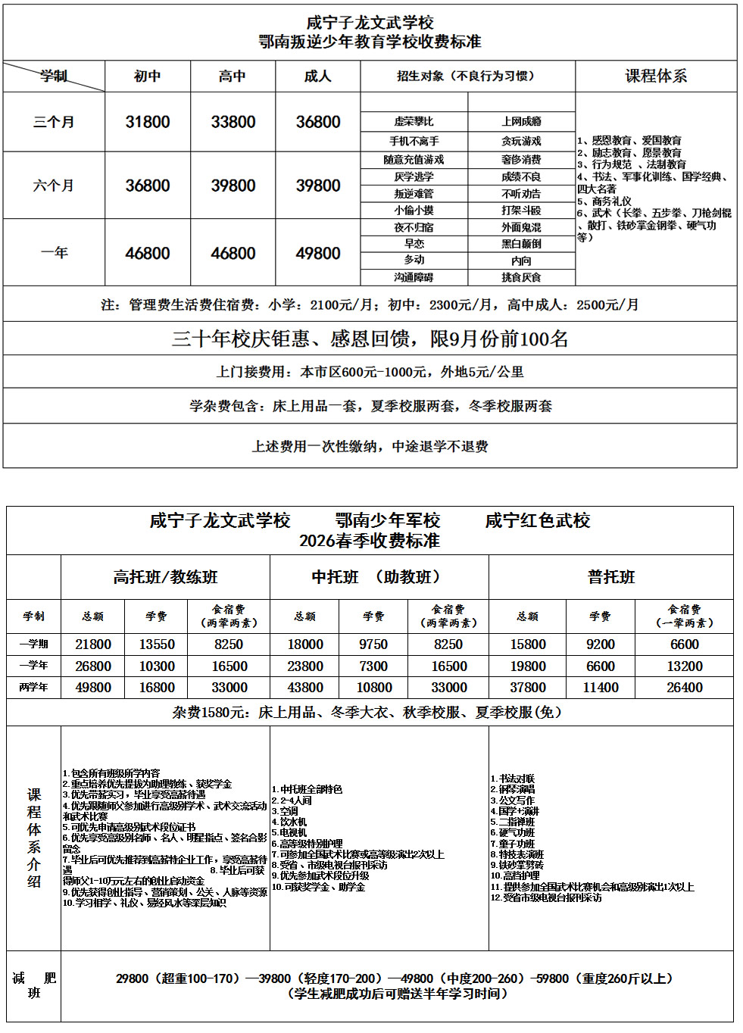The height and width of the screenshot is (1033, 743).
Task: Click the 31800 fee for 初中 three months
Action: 148,122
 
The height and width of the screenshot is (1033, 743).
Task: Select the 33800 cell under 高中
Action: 233,122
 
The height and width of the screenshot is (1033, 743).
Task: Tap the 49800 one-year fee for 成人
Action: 318,253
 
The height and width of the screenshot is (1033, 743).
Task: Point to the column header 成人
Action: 318,76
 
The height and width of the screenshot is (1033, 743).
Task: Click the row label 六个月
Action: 54,186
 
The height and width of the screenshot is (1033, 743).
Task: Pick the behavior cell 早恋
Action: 414,244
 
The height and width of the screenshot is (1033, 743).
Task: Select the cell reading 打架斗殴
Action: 521,210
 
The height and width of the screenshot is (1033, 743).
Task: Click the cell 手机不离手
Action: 414,141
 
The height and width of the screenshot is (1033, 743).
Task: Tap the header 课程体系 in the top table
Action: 656,76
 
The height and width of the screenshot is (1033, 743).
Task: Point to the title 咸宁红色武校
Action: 538,520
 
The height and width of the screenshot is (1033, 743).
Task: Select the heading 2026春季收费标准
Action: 370,541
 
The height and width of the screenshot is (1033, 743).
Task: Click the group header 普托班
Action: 611,577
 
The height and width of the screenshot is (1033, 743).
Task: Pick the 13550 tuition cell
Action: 157,644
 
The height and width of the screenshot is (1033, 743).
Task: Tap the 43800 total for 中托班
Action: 305,688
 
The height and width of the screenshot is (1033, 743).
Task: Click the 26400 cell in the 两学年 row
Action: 685,688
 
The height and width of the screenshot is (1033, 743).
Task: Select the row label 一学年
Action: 33,666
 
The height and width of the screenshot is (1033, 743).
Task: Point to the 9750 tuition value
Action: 373,644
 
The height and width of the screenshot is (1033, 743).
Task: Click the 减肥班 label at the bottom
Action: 34,985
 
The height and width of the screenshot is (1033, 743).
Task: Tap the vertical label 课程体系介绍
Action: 34,838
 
